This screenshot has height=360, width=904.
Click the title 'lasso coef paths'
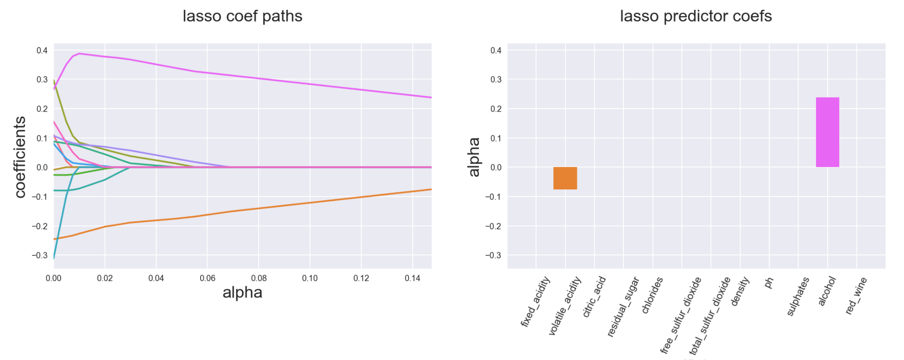pyautogui.click(x=242, y=16)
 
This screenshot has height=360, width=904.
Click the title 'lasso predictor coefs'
pyautogui.click(x=696, y=16)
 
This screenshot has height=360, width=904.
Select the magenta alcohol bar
pyautogui.click(x=827, y=132)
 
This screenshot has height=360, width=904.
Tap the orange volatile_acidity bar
pyautogui.click(x=565, y=178)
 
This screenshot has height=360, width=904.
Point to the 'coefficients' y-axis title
pyautogui.click(x=20, y=157)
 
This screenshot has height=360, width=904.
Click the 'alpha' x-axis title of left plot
pyautogui.click(x=242, y=293)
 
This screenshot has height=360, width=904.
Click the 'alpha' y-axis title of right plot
pyautogui.click(x=474, y=157)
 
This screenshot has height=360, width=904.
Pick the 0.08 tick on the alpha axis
pyautogui.click(x=259, y=278)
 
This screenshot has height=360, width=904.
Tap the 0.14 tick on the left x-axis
pyautogui.click(x=413, y=278)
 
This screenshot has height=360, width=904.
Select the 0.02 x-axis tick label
pyautogui.click(x=105, y=278)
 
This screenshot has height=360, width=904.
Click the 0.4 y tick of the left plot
pyautogui.click(x=42, y=50)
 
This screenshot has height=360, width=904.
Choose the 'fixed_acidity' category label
pyautogui.click(x=535, y=302)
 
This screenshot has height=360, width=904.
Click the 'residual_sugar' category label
pyautogui.click(x=623, y=307)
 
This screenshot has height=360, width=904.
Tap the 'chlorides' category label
pyautogui.click(x=652, y=295)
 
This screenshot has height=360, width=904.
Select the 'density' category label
pyautogui.click(x=740, y=291)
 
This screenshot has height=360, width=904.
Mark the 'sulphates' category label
pyautogui.click(x=798, y=296)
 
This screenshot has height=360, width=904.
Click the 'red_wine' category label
pyautogui.click(x=856, y=295)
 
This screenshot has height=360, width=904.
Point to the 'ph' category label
pyautogui.click(x=769, y=283)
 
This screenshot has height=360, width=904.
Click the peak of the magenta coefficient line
pyautogui.click(x=79, y=53)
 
